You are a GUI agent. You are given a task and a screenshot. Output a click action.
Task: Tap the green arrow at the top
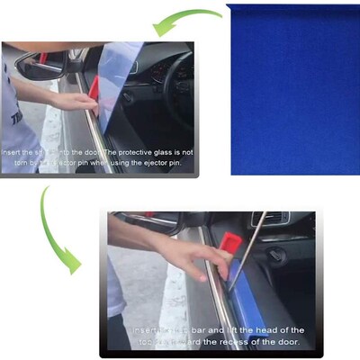[x=184, y=21]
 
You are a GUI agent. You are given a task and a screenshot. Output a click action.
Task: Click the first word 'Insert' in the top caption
[x=15, y=153]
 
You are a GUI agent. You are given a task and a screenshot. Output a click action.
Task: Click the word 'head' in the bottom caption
[x=261, y=330]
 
